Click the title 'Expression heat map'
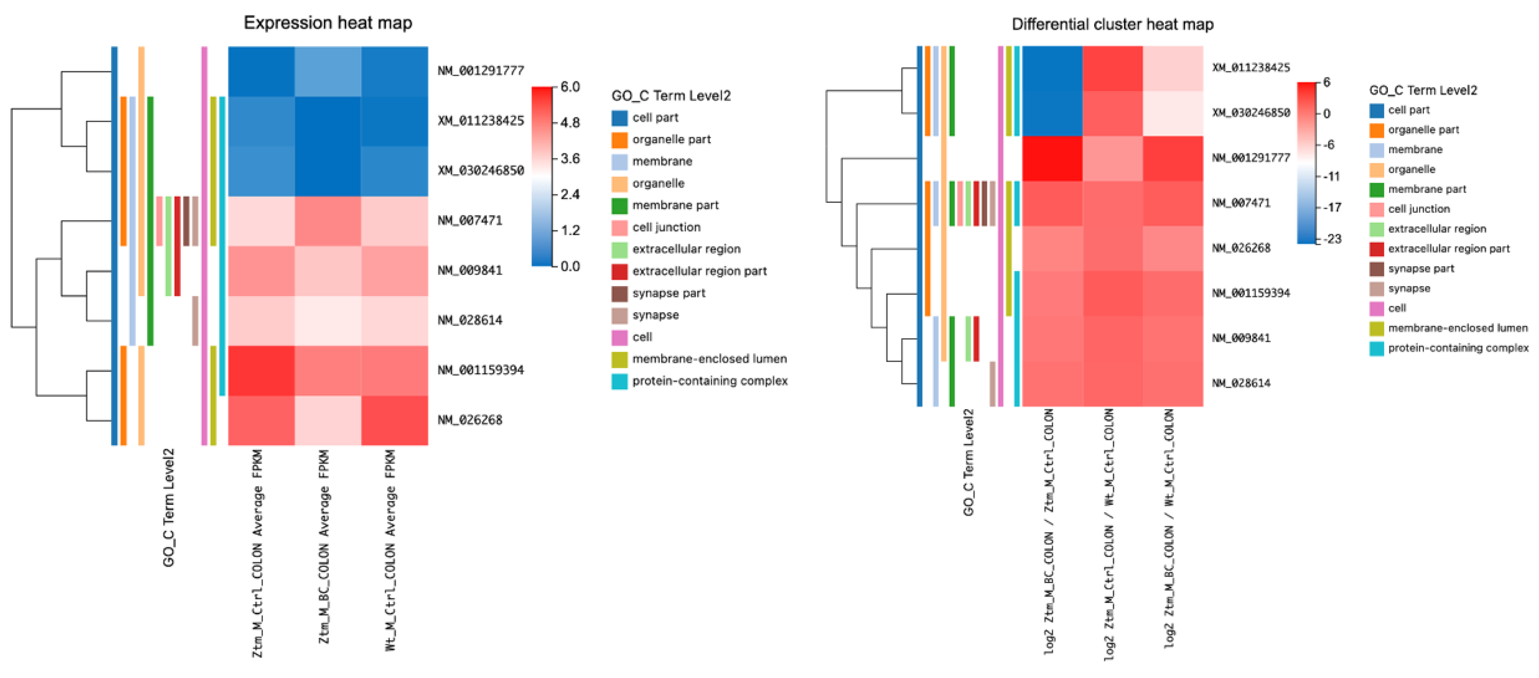tap(327, 23)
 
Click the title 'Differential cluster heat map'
tap(1113, 24)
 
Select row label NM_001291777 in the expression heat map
tap(480, 70)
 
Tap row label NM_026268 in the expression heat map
tap(470, 420)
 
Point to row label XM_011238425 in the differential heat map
tap(1251, 67)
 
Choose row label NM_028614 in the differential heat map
tap(1241, 383)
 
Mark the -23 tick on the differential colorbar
tap(1333, 239)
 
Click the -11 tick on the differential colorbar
tap(1333, 176)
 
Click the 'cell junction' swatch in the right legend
tap(1377, 209)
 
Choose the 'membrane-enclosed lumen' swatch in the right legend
tap(1377, 328)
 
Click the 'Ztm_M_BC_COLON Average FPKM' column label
tap(324, 547)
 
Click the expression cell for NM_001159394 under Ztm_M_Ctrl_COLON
tap(261, 370)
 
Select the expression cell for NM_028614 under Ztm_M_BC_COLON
tap(327, 321)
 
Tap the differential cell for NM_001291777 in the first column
tap(1052, 158)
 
